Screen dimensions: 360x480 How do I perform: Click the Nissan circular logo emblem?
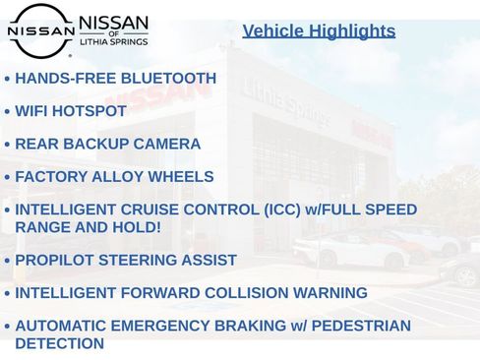click(39, 30)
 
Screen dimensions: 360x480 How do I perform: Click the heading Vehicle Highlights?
click(319, 31)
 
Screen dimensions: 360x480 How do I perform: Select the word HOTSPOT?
click(90, 111)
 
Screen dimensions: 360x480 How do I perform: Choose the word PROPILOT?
click(58, 261)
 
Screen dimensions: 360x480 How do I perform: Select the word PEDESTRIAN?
click(356, 326)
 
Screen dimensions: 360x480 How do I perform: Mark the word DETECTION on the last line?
click(59, 344)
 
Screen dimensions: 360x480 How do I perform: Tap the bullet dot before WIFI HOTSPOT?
click(8, 112)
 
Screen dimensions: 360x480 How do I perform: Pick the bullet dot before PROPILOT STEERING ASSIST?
click(8, 262)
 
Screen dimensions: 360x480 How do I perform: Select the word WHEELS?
click(180, 177)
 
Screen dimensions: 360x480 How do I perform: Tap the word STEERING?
click(144, 261)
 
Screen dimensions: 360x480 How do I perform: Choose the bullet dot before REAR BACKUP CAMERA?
click(8, 146)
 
